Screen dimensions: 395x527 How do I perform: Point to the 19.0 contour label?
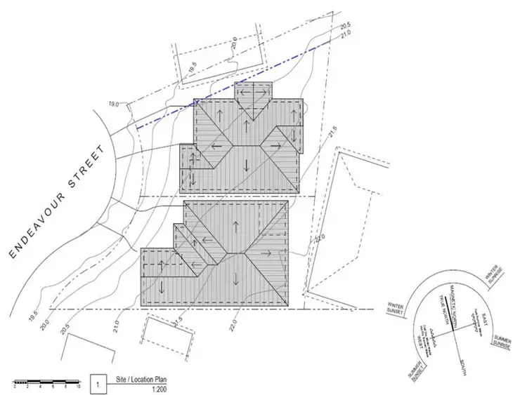click(115, 105)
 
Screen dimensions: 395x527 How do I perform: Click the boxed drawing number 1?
click(98, 384)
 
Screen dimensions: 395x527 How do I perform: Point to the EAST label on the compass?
click(484, 323)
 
